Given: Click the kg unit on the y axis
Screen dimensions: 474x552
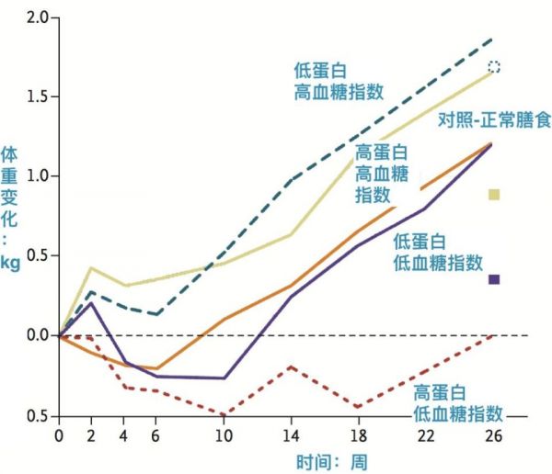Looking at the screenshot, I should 12,265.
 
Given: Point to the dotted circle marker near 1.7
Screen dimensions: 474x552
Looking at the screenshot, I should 494,66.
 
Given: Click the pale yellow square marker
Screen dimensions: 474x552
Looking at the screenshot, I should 494,195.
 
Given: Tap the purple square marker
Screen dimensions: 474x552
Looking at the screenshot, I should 494,279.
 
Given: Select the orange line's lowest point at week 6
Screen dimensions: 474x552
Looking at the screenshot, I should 157,368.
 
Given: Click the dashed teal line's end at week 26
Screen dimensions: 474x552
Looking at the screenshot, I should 493,39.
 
